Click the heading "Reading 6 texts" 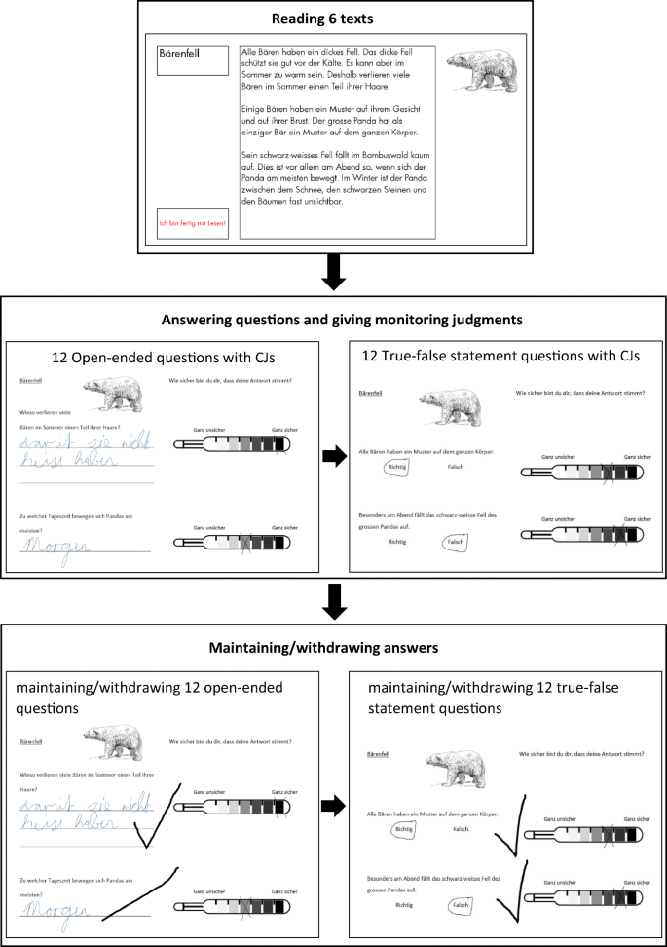[x=333, y=18]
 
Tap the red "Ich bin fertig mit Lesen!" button [x=192, y=223]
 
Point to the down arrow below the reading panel [x=333, y=274]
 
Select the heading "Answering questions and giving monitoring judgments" [x=333, y=319]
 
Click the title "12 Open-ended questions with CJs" [x=163, y=358]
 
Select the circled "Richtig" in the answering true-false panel [x=396, y=468]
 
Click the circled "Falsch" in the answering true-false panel [x=454, y=542]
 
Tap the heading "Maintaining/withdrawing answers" [x=333, y=646]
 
